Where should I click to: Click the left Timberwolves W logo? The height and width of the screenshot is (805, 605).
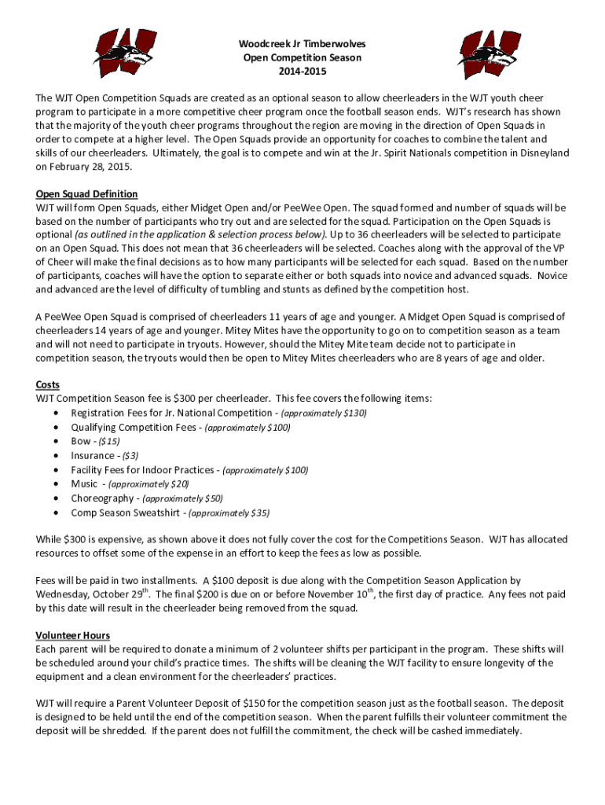tap(123, 54)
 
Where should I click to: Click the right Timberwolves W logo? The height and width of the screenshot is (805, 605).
tap(489, 54)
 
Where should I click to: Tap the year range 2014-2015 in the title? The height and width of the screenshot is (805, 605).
tap(302, 72)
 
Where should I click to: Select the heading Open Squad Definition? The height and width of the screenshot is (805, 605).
tap(86, 194)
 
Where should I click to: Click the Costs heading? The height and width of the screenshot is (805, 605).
tap(47, 384)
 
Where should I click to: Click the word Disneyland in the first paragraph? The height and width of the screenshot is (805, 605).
tap(539, 153)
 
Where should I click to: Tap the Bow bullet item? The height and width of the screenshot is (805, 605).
tap(81, 441)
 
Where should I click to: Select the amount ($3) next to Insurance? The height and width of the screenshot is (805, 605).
tap(130, 455)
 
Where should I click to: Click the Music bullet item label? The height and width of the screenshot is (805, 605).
tap(84, 483)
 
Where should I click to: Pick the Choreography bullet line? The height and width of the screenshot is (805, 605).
tap(146, 498)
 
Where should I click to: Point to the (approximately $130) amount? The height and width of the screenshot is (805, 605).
tap(324, 413)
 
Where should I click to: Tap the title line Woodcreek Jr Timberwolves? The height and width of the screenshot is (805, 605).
tap(302, 44)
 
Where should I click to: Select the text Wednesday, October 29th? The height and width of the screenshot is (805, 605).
tap(93, 595)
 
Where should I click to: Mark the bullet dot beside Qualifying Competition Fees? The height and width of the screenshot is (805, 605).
tap(54, 428)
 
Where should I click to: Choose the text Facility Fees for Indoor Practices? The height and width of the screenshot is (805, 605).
tap(141, 469)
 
